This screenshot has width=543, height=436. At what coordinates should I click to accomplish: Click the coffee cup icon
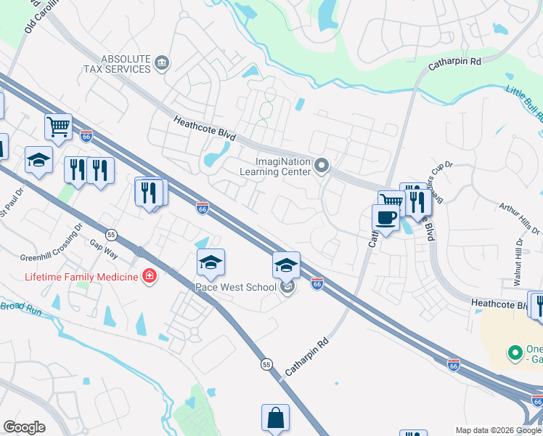tap(385, 217)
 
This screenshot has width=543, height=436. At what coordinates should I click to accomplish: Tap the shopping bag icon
tap(276, 418)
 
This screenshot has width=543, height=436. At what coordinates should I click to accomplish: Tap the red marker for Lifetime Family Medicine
tap(149, 275)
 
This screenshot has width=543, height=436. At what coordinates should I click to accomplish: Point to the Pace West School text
tap(236, 287)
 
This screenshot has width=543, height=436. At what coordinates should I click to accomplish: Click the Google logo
tap(24, 427)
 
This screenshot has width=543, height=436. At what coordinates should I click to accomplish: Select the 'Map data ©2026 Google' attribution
tap(499, 430)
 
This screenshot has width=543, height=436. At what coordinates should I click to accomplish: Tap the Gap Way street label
tap(104, 249)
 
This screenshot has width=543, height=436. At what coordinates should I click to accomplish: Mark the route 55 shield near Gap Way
tap(111, 234)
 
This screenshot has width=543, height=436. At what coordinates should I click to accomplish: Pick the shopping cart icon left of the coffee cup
tap(391, 203)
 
